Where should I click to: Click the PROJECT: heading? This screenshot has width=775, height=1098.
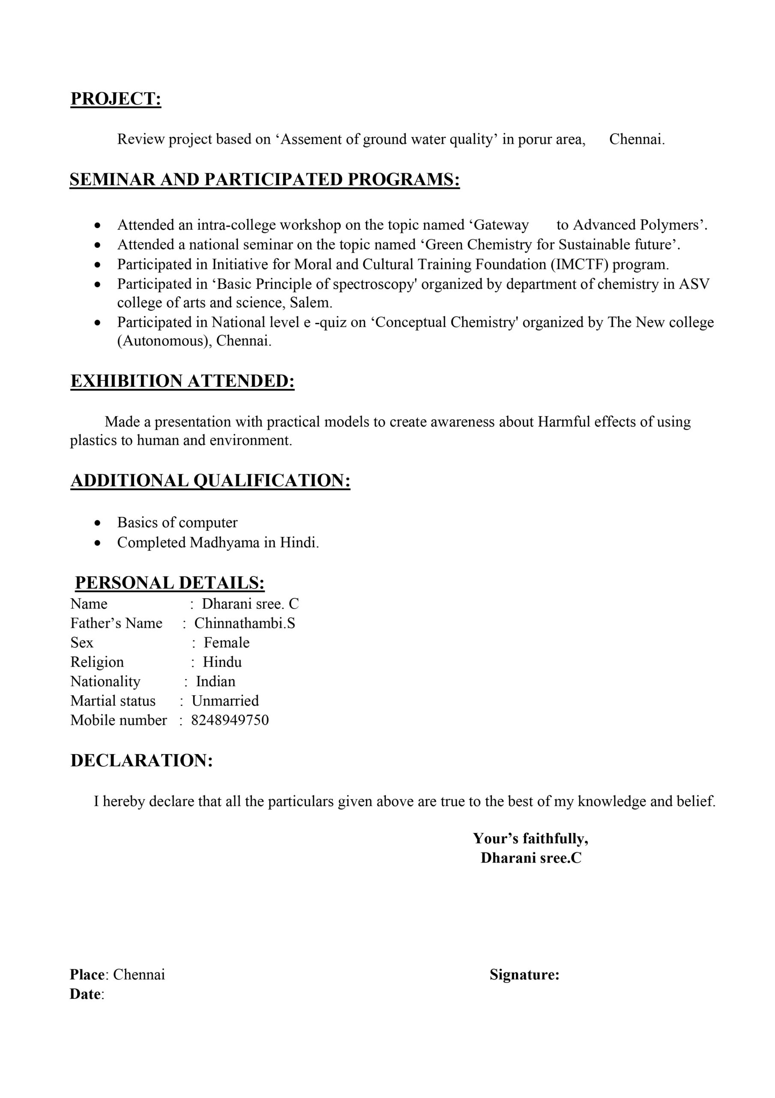coord(116,99)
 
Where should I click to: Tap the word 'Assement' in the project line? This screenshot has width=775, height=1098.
coord(311,139)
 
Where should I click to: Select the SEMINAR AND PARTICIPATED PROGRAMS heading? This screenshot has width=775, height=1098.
coord(265,179)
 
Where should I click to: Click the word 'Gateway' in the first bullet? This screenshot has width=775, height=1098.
coord(501,225)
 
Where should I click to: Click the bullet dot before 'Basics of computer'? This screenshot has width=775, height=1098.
coord(98,523)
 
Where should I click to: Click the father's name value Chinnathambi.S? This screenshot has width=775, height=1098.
coord(245,623)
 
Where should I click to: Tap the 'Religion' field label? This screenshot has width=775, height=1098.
coord(97,662)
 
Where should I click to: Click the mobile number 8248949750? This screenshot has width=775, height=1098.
coord(230,720)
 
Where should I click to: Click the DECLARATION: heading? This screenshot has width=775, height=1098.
coord(141,760)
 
